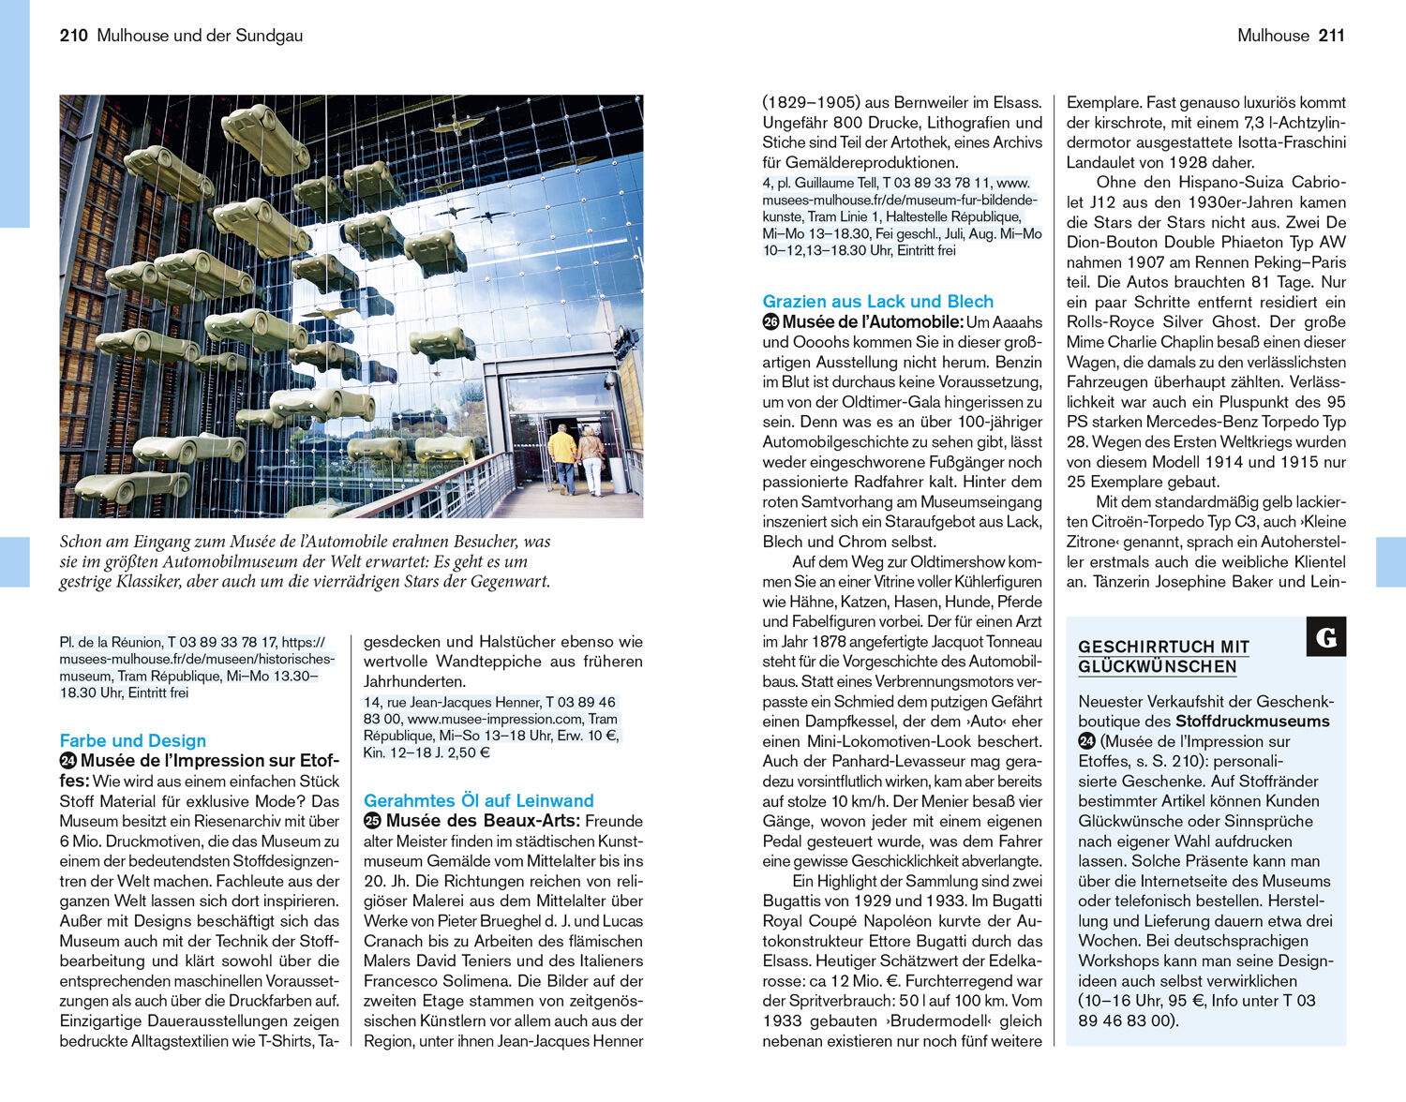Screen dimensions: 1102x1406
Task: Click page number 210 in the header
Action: (73, 36)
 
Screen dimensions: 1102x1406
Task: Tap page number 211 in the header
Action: (1331, 36)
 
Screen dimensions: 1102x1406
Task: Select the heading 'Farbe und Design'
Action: (132, 740)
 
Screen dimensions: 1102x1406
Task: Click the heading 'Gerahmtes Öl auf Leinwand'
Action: (478, 800)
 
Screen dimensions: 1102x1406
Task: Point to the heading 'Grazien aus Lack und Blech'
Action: (877, 301)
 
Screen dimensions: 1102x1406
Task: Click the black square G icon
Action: (1326, 637)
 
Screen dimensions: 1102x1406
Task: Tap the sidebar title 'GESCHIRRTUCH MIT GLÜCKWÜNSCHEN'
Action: (1162, 657)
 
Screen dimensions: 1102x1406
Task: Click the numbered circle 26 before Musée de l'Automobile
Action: (770, 322)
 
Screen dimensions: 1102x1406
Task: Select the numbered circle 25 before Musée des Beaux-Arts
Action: (372, 821)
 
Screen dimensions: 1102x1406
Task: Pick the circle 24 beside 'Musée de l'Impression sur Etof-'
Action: (67, 761)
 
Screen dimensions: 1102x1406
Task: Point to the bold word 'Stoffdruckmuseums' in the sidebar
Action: (1252, 722)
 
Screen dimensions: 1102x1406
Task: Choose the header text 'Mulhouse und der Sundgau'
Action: (200, 36)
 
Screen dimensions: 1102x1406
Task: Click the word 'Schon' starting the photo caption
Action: (80, 541)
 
